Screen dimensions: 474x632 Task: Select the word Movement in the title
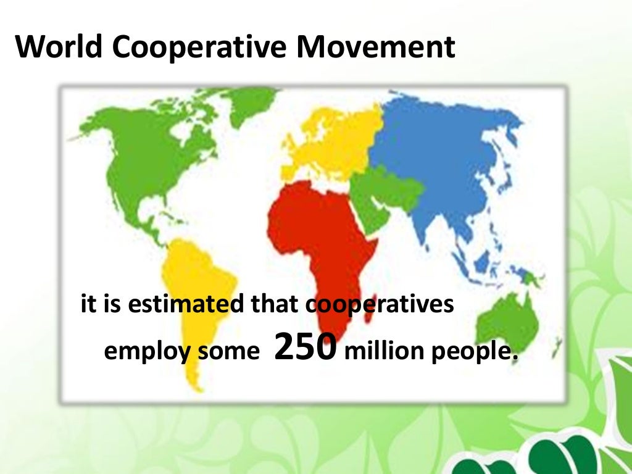click(376, 48)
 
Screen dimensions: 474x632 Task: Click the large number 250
click(305, 347)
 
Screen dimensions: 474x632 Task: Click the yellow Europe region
click(333, 142)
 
